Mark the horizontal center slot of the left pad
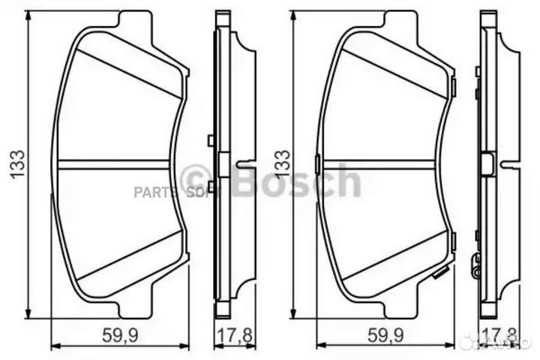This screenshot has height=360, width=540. point(112,163)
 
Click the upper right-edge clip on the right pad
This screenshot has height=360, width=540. point(453,89)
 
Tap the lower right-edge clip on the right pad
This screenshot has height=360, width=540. point(453,240)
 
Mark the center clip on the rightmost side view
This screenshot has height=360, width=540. point(488,163)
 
